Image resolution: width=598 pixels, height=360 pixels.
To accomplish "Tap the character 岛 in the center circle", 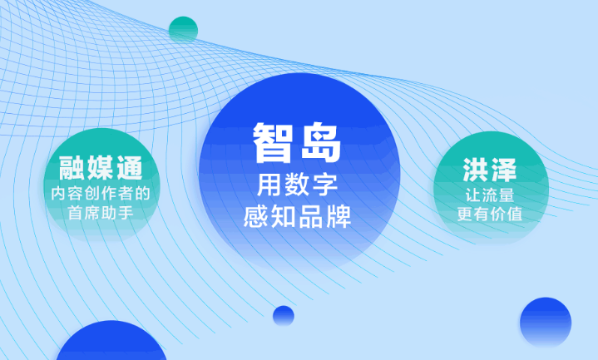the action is [x=321, y=143].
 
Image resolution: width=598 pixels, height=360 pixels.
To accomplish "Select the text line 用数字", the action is [x=297, y=185].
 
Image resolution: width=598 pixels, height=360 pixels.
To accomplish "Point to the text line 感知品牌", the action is [x=297, y=216].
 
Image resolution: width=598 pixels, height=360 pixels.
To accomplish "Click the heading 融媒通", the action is [x=101, y=168].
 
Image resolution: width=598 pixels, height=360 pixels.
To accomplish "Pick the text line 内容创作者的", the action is [x=101, y=194].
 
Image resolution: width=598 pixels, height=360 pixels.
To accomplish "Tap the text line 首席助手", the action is [x=101, y=212].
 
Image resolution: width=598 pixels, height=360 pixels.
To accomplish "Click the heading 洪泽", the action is [x=490, y=170].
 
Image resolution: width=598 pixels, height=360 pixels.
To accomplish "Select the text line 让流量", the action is [x=490, y=195].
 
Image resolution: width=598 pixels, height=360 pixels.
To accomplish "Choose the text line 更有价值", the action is [x=490, y=214].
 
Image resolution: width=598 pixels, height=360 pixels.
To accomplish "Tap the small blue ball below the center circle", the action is [x=284, y=316].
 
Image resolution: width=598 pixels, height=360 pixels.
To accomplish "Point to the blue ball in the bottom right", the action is [x=546, y=323].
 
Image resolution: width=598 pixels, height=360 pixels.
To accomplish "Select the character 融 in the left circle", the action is [x=72, y=168].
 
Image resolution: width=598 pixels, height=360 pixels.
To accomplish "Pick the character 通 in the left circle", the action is [x=130, y=168].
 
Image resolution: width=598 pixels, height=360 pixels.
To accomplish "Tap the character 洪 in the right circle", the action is [x=476, y=170].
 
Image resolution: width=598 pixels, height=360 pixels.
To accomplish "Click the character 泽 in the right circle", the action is [x=504, y=170].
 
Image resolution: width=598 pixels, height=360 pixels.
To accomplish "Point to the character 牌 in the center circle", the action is [x=339, y=216].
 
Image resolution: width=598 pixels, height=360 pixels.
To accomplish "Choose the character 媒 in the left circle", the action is [x=101, y=168].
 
